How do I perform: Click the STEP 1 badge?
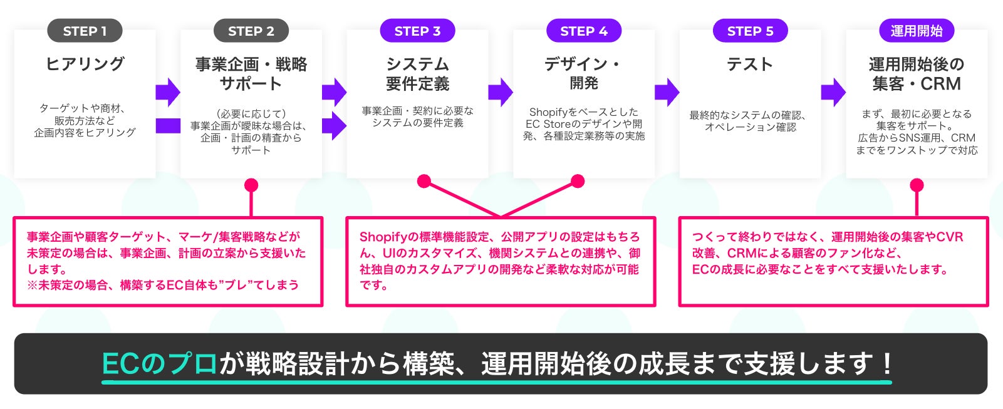point(85,31)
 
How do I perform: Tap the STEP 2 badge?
point(251,31)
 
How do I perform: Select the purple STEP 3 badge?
point(417,31)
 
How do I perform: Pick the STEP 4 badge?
point(583,31)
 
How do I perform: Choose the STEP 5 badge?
point(750,31)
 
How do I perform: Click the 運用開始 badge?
point(916,31)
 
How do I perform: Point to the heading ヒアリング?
point(85,64)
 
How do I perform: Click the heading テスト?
point(750,64)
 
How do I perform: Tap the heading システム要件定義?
point(417,74)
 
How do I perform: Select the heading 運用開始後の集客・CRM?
point(916,74)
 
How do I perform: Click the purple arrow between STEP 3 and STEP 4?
point(500,92)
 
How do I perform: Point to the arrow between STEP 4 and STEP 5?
point(667,92)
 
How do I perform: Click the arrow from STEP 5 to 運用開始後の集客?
point(833,92)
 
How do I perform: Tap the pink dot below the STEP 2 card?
point(251,185)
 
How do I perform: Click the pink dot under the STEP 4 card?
point(578,182)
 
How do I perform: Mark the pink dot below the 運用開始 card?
point(917,185)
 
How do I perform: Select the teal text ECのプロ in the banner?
point(159,364)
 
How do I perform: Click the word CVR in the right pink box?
point(949,237)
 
